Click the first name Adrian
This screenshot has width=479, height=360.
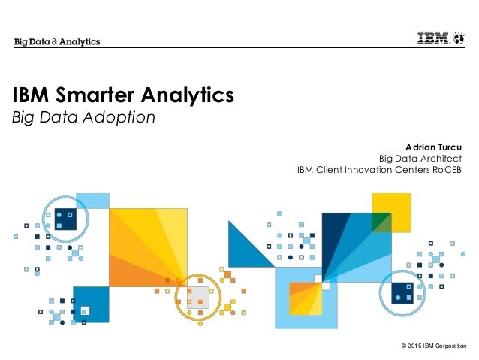coord(419,144)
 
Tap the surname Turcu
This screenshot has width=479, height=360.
coord(448,144)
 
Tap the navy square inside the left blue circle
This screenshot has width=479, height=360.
coord(65,218)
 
